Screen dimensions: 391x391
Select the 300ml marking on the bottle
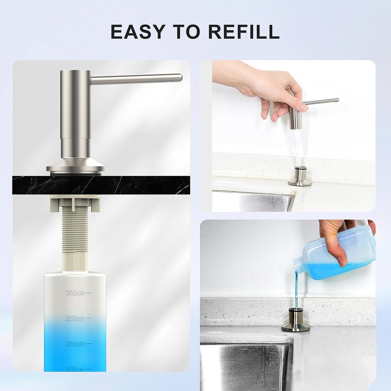pyautogui.click(x=78, y=293)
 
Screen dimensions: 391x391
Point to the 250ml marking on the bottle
pyautogui.click(x=78, y=323)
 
